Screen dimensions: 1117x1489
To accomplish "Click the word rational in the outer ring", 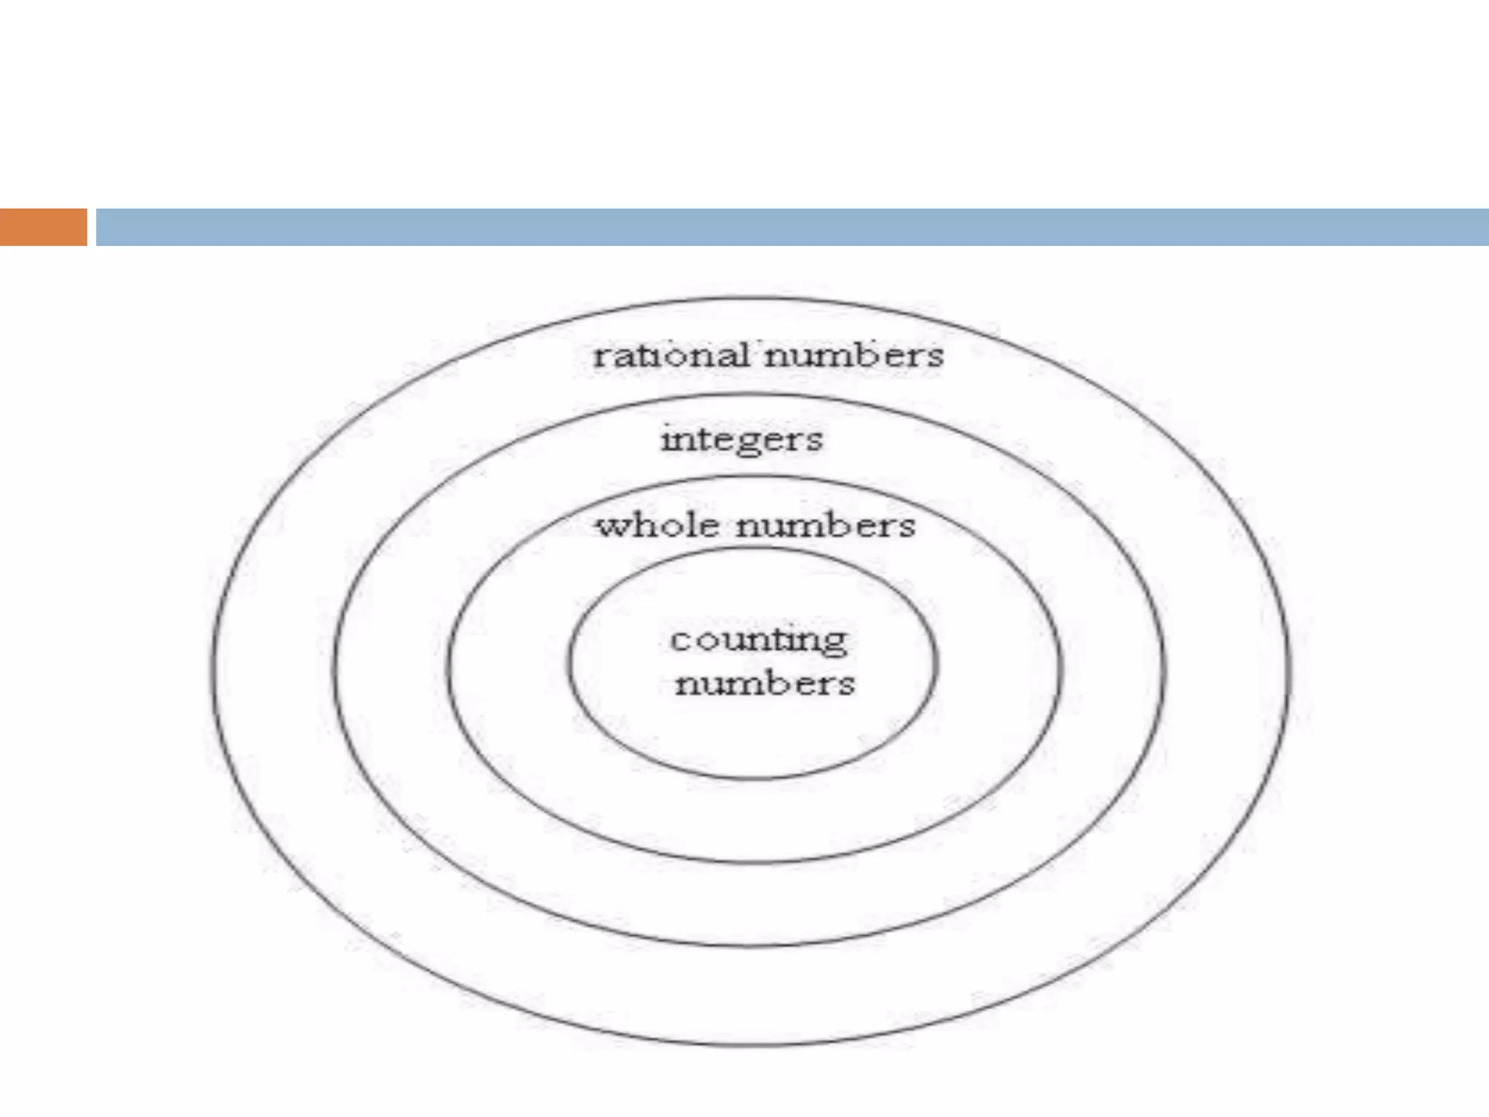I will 670,356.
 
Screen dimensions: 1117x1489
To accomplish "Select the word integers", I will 742,440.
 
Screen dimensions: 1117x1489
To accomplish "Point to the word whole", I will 657,525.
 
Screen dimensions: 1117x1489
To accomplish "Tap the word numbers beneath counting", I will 765,684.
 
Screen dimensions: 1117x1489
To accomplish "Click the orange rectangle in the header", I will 43,227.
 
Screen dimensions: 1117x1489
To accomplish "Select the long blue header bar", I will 792,227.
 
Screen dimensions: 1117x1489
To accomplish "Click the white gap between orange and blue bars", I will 92,227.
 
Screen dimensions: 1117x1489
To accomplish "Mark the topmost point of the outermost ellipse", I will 749,297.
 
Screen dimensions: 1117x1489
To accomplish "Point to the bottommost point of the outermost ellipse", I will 749,1046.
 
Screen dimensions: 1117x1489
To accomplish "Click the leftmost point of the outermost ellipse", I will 212,669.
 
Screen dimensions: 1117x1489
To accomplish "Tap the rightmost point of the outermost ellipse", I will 1290,669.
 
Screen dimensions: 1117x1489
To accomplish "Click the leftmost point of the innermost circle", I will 569,663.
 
